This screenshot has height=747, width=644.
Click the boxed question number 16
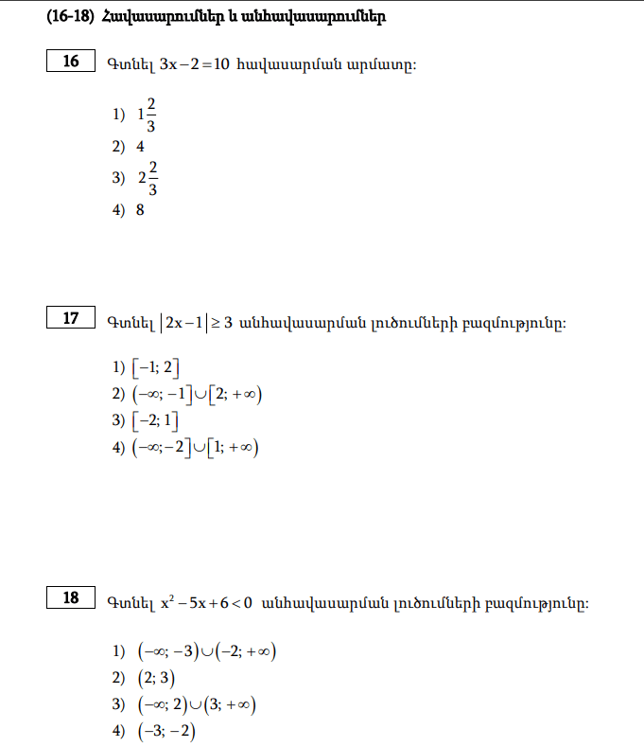coord(71,62)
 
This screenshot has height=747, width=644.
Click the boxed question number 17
coord(71,318)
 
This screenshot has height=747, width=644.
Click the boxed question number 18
coord(71,597)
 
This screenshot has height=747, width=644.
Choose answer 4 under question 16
coord(140,147)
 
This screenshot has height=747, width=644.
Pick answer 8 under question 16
coord(140,210)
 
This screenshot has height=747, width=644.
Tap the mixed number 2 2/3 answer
coord(148,177)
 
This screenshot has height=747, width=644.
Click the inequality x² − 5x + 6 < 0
coord(204,601)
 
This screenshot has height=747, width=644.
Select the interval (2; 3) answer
coord(156,678)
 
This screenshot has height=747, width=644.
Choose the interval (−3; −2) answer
coord(165,730)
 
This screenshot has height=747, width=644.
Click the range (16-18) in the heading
coord(70,17)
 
